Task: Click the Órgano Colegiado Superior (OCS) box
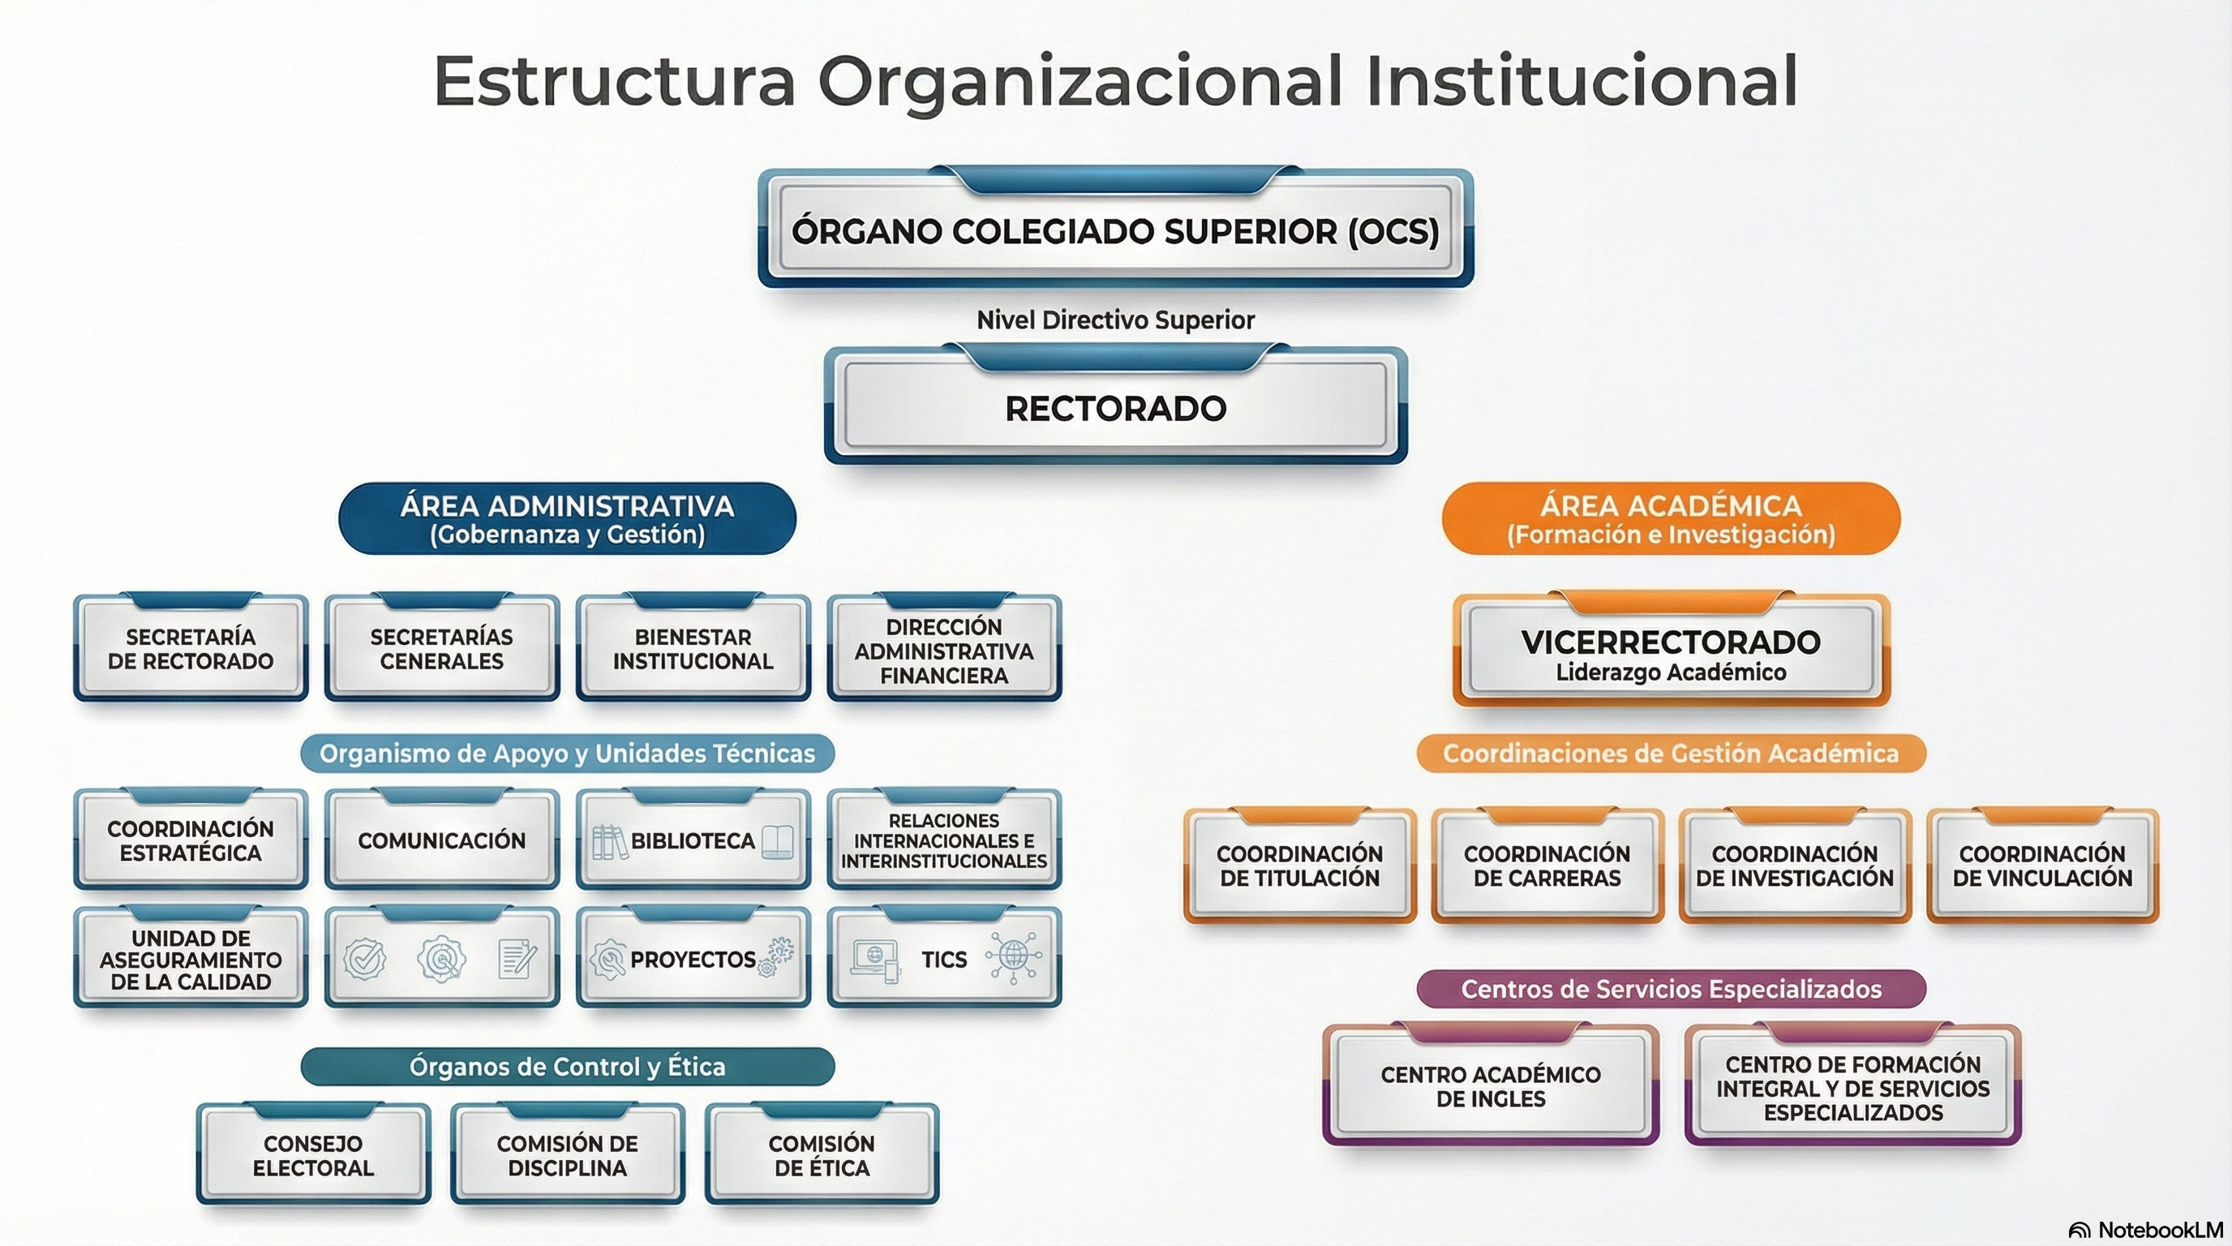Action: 1115,230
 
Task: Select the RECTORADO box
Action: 1115,408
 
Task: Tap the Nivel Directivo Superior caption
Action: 1115,320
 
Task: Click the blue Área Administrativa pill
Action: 567,518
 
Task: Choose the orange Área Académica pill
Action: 1671,518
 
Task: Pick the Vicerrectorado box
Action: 1671,654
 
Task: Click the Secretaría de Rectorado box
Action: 191,649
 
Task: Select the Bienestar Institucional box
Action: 693,649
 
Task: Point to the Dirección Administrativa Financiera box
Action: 943,651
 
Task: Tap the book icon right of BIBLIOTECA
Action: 777,841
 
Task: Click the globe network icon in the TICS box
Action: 1013,957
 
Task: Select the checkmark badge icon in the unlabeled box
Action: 365,959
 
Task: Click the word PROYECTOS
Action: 693,959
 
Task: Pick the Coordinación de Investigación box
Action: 1794,866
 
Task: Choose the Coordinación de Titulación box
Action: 1298,866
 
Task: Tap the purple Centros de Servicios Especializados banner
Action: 1671,989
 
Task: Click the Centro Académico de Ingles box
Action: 1491,1086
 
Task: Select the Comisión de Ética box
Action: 822,1155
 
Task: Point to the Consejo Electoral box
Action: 313,1155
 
